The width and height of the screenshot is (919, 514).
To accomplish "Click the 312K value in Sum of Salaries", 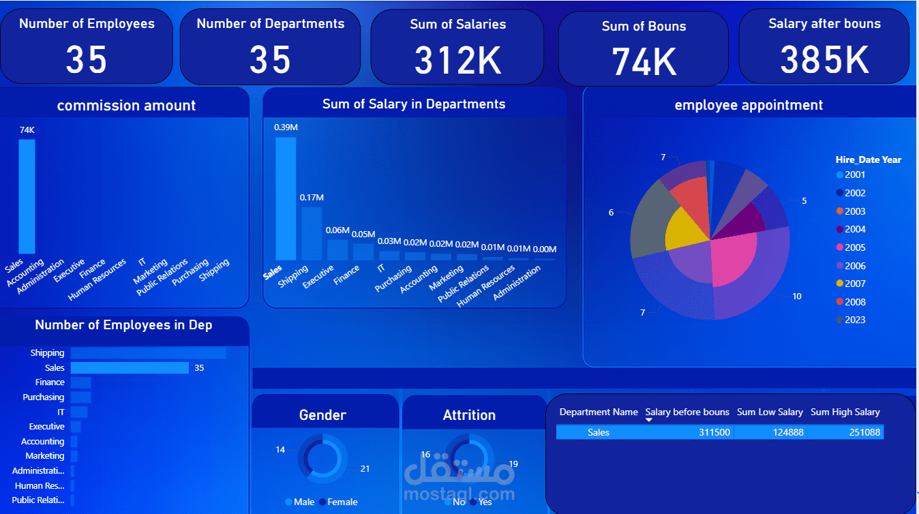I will (x=457, y=59).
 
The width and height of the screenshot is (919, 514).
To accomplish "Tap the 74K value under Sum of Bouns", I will (x=644, y=61).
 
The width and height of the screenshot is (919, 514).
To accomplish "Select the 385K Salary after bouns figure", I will (x=824, y=59).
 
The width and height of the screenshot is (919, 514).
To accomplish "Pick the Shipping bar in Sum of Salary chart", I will (x=311, y=233).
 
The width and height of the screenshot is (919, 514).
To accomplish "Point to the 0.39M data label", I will (x=286, y=127).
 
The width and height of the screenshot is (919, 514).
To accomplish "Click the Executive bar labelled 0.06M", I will (x=337, y=250).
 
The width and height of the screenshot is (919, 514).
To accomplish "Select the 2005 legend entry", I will (x=855, y=247).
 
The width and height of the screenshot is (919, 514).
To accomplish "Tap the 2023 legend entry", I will (x=855, y=320).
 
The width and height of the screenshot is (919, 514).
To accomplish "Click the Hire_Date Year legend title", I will (x=868, y=160).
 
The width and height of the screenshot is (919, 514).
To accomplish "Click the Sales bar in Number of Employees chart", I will (x=130, y=368).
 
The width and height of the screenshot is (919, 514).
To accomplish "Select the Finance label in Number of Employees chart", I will (x=50, y=382).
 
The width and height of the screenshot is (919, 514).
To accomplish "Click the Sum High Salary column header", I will (x=845, y=412).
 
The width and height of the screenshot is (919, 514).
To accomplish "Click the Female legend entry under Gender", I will (x=342, y=502).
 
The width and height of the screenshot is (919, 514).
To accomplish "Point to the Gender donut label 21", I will (x=365, y=468).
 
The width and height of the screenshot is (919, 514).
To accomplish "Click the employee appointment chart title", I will (x=748, y=105).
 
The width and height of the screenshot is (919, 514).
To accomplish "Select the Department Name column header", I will (x=598, y=412).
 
